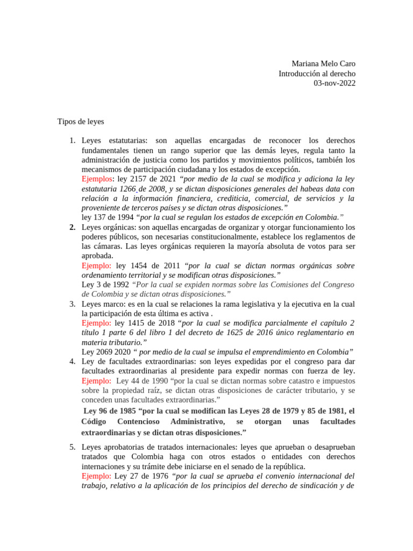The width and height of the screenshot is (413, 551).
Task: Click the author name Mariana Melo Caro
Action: (x=323, y=63)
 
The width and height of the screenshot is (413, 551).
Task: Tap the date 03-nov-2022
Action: (x=334, y=83)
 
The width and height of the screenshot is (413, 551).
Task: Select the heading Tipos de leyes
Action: (x=81, y=122)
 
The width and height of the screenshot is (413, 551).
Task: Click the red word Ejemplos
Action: (x=97, y=179)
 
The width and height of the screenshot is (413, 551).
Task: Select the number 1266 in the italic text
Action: (x=128, y=188)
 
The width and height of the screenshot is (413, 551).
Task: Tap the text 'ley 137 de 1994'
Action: (x=108, y=217)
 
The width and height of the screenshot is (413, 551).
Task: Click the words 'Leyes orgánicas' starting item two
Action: (x=108, y=227)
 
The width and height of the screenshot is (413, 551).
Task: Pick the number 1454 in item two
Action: (x=138, y=266)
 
